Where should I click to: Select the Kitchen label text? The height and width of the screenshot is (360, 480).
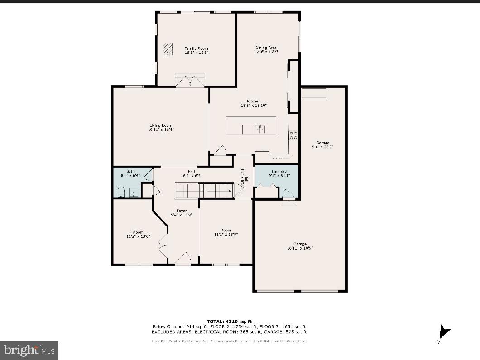(x=254, y=101)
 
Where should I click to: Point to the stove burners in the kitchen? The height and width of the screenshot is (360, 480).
(x=293, y=134)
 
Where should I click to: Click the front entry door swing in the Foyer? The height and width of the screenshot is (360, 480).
(x=183, y=259)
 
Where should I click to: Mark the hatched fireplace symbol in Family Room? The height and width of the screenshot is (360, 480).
(x=168, y=48)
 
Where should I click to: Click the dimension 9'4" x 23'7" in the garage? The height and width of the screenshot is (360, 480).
(x=323, y=147)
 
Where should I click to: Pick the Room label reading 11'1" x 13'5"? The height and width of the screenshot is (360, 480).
(x=226, y=232)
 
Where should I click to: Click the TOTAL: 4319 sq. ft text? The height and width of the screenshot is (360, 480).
(x=229, y=322)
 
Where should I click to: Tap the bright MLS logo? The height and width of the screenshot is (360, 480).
(x=29, y=350)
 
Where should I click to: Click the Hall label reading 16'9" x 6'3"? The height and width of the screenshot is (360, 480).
(x=192, y=173)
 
